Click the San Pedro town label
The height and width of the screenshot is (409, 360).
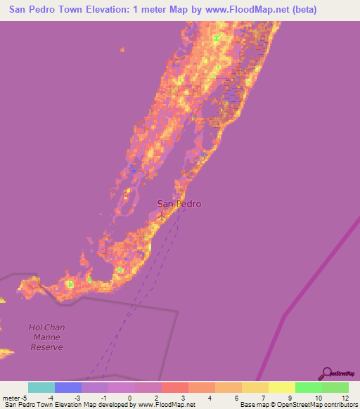point(179,204)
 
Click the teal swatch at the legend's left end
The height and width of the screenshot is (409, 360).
point(41,387)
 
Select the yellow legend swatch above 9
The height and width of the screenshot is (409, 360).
point(281,387)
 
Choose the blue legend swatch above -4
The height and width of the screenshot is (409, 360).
point(67,387)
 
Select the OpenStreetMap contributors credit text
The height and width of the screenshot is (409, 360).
point(309,405)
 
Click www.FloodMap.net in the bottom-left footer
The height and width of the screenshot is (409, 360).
point(155,405)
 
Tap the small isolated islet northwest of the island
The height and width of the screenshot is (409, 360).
point(122,50)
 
